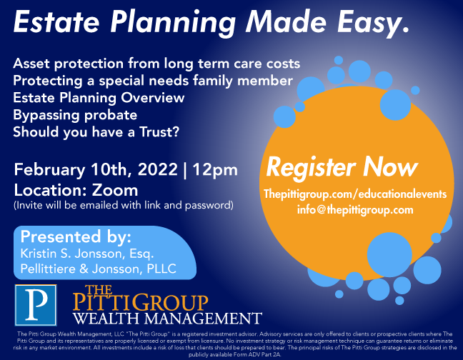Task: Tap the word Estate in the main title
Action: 56,22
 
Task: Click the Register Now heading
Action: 342,168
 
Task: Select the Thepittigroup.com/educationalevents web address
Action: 355,194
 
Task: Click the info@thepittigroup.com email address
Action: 355,210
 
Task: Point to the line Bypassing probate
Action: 75,116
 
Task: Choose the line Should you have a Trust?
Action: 96,132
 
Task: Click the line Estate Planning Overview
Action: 99,98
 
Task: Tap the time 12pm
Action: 215,170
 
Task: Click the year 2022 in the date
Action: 158,169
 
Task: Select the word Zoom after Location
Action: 115,190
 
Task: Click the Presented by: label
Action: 76,236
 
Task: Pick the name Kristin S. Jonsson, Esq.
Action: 87,254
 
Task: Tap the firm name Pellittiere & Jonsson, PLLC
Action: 99,269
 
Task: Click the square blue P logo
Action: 36,305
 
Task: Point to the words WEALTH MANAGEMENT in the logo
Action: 167,319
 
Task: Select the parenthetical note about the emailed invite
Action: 124,206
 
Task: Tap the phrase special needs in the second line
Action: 144,81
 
